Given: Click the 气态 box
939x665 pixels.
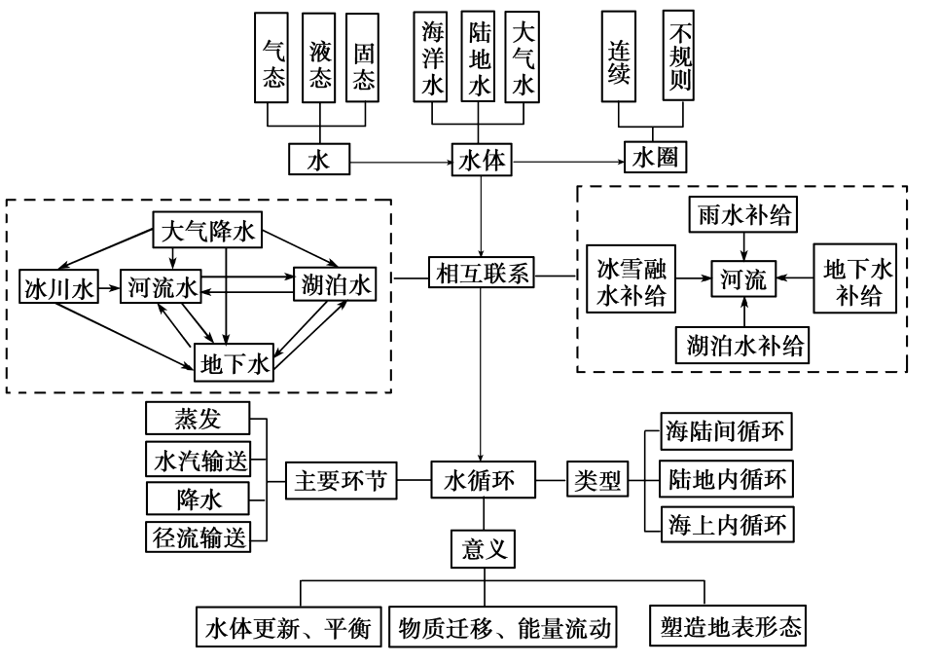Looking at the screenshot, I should (273, 57).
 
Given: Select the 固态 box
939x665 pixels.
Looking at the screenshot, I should (363, 57).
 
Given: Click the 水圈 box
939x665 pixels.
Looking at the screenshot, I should (655, 159).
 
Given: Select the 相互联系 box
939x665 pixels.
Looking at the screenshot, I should (482, 276).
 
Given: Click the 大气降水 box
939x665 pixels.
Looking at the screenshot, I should (208, 231).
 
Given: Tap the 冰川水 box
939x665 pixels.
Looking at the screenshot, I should (60, 287).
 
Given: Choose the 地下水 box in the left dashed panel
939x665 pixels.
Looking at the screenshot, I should (235, 364).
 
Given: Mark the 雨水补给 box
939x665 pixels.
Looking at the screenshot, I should (743, 215).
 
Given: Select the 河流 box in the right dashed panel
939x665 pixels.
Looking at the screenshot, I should (744, 280).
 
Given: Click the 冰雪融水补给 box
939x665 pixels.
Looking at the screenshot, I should (632, 280).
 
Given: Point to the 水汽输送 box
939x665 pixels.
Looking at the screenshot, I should (199, 459).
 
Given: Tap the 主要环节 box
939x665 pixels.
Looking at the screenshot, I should (342, 481).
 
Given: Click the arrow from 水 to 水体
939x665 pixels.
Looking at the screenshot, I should (399, 160).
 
